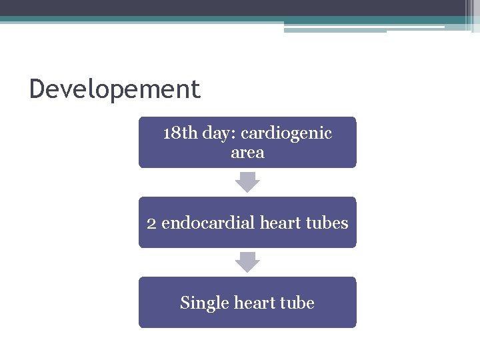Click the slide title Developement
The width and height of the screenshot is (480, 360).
(x=115, y=89)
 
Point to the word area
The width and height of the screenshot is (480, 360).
(x=247, y=153)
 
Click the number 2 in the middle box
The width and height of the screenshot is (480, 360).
(x=151, y=223)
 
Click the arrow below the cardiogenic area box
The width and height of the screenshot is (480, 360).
(x=247, y=182)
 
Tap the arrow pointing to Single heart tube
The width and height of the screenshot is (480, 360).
(x=247, y=262)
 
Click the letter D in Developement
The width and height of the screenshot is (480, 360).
(x=37, y=89)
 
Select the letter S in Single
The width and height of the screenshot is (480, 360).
(x=185, y=303)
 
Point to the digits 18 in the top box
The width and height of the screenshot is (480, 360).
(x=171, y=133)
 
